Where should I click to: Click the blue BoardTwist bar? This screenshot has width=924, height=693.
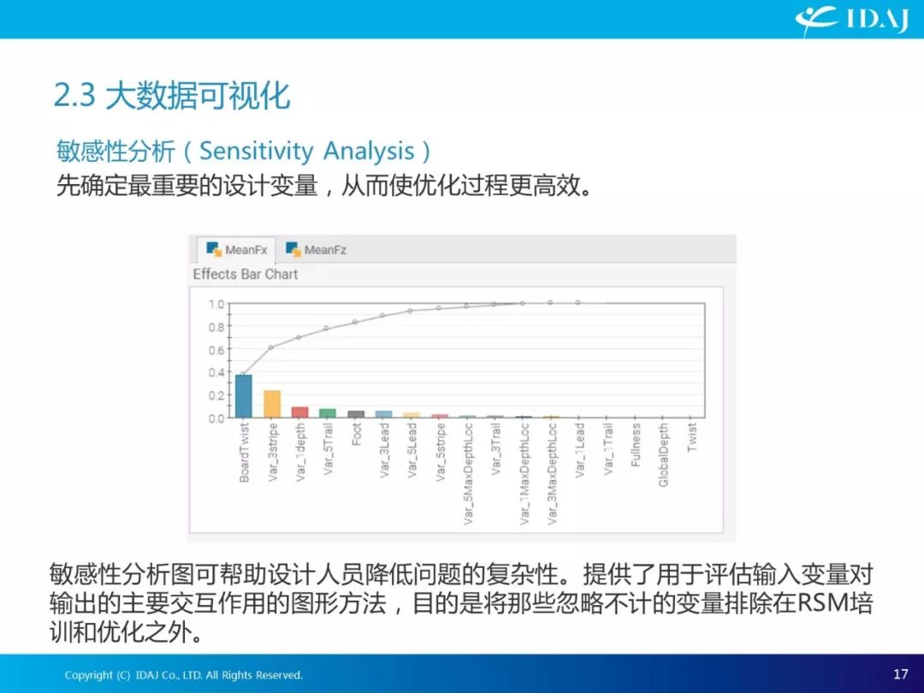click(x=243, y=396)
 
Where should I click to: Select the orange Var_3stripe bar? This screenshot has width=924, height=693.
click(x=272, y=404)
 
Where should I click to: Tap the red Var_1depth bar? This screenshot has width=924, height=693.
click(x=300, y=412)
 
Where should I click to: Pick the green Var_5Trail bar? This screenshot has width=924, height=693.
click(x=328, y=413)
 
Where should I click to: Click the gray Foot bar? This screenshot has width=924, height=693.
click(x=356, y=414)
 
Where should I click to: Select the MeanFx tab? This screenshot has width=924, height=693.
click(x=237, y=250)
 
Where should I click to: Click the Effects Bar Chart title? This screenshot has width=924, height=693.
click(x=246, y=274)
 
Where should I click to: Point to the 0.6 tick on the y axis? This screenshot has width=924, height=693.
click(x=216, y=350)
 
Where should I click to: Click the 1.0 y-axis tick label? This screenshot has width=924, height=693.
click(x=216, y=305)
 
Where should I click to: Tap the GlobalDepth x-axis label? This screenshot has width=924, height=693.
click(x=664, y=454)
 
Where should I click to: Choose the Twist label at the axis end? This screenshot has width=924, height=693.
click(x=692, y=436)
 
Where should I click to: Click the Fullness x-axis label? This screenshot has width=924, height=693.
click(x=635, y=444)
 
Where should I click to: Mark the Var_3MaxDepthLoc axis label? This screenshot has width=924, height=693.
click(x=552, y=473)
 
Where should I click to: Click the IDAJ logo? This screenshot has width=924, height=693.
click(x=851, y=20)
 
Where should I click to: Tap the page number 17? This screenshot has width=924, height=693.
click(x=900, y=673)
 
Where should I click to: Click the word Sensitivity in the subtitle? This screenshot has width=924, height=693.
click(x=257, y=151)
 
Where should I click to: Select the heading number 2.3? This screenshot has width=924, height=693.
click(x=74, y=95)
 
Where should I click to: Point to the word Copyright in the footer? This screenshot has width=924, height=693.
click(x=88, y=675)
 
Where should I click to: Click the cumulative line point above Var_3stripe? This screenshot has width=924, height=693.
click(x=271, y=347)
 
